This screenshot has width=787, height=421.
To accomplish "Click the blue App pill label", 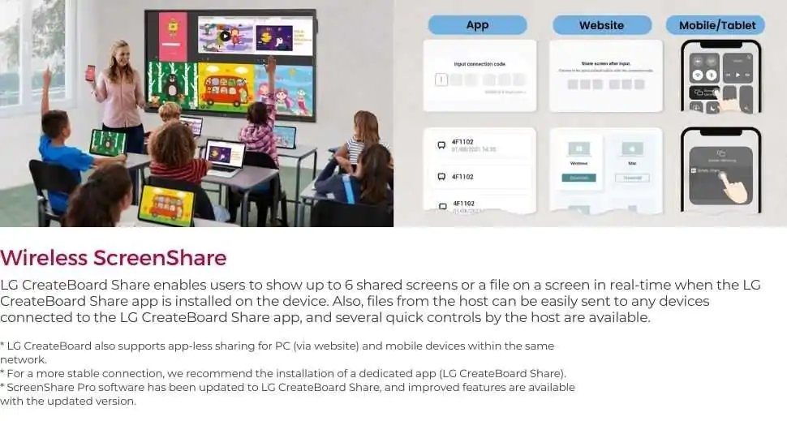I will click(x=477, y=25).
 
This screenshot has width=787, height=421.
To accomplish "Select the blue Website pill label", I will click(x=601, y=25).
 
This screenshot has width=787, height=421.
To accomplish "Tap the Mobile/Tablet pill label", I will click(x=716, y=25).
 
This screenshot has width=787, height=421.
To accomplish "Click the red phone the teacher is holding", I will click(x=90, y=73).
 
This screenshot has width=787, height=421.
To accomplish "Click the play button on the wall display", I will click(x=225, y=36).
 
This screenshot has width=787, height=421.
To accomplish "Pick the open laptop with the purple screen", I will click(x=224, y=153).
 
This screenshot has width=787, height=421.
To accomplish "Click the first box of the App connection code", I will click(x=441, y=79).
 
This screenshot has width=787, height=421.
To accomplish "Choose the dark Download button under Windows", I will click(x=579, y=178).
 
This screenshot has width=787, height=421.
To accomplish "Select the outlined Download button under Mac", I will click(x=632, y=178).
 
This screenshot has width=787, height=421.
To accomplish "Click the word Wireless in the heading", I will click(x=44, y=258).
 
